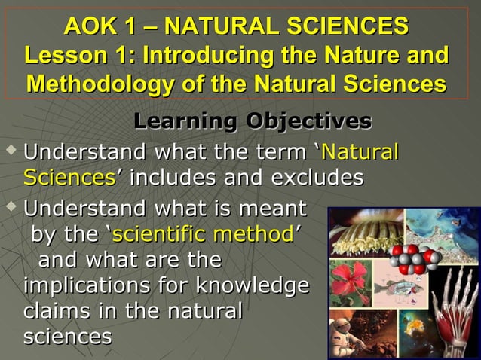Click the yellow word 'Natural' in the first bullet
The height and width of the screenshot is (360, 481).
pos(360,152)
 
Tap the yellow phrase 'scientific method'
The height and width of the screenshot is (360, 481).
pos(202,234)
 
